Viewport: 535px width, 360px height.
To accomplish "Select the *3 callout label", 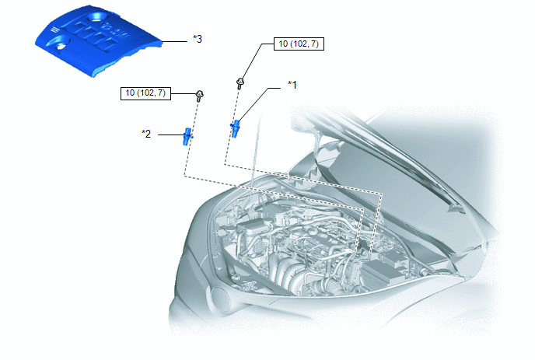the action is [x=198, y=39].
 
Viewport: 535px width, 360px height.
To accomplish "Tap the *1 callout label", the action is [x=292, y=85].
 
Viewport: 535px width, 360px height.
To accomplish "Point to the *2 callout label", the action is [x=146, y=134].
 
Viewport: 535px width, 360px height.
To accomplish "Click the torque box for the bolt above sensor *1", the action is [x=299, y=44].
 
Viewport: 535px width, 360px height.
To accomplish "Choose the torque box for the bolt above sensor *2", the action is [x=145, y=93].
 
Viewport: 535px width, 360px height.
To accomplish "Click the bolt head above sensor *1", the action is [x=240, y=82].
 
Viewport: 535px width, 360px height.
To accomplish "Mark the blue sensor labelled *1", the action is [x=235, y=128].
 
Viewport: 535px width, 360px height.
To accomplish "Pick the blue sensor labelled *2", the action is [x=187, y=137].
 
